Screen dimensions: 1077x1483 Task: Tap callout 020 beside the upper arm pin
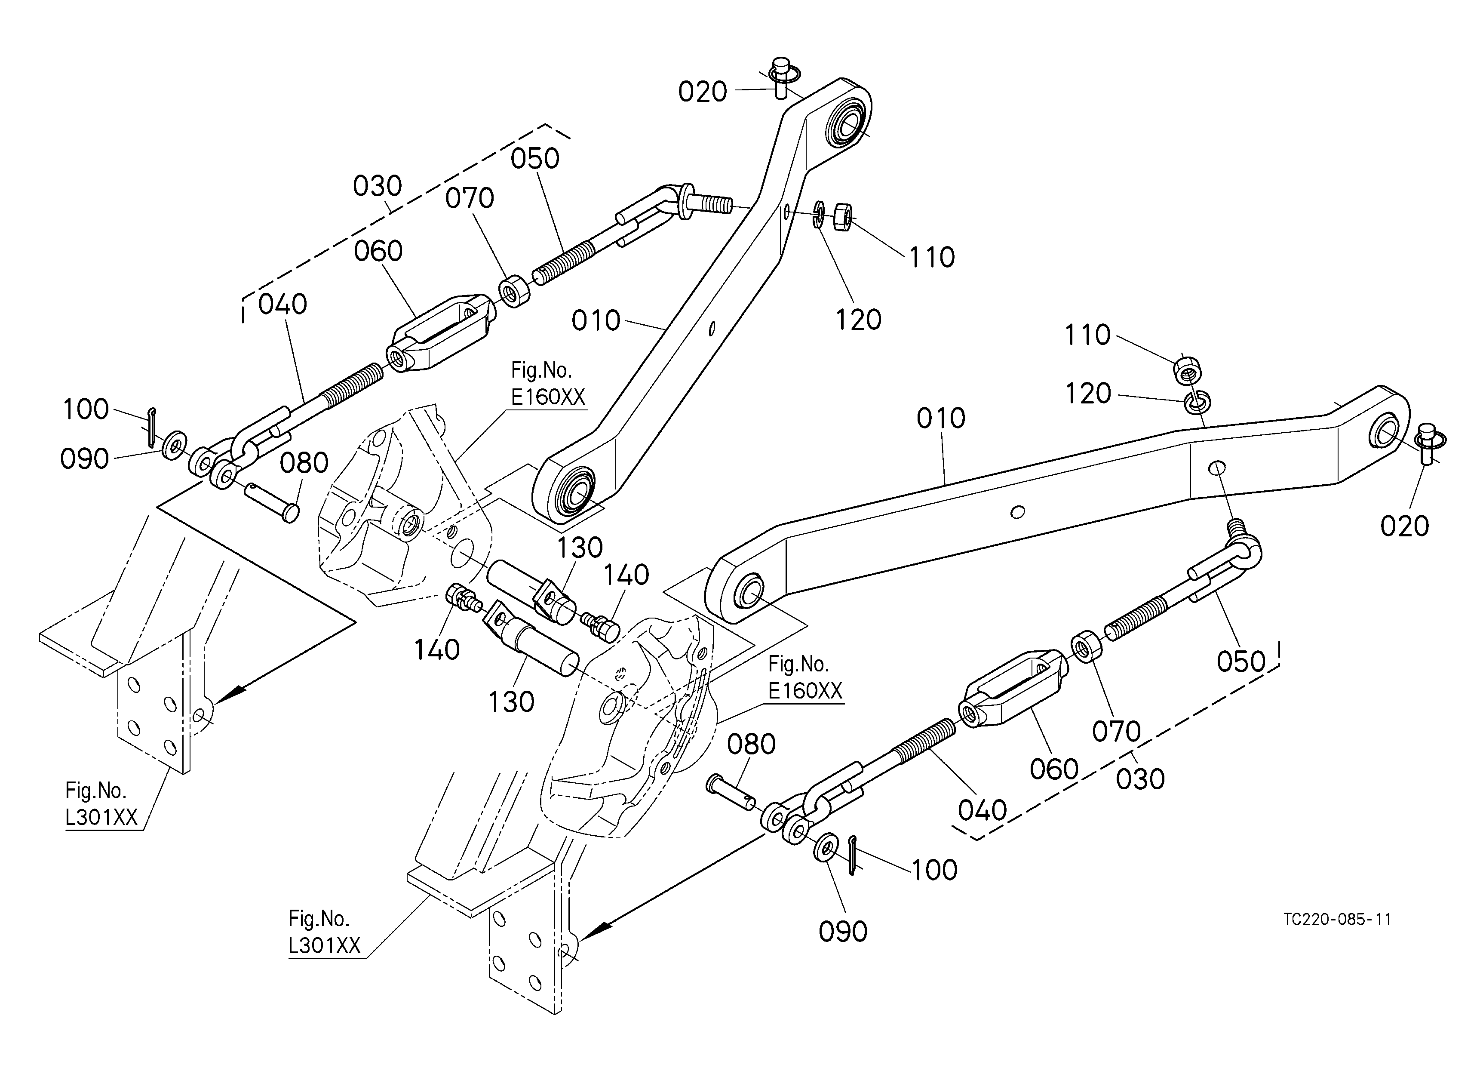click(702, 92)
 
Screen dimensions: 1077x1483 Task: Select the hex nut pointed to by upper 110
click(842, 216)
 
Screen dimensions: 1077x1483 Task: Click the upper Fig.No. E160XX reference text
click(547, 384)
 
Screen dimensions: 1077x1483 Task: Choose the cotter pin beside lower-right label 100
click(854, 854)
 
